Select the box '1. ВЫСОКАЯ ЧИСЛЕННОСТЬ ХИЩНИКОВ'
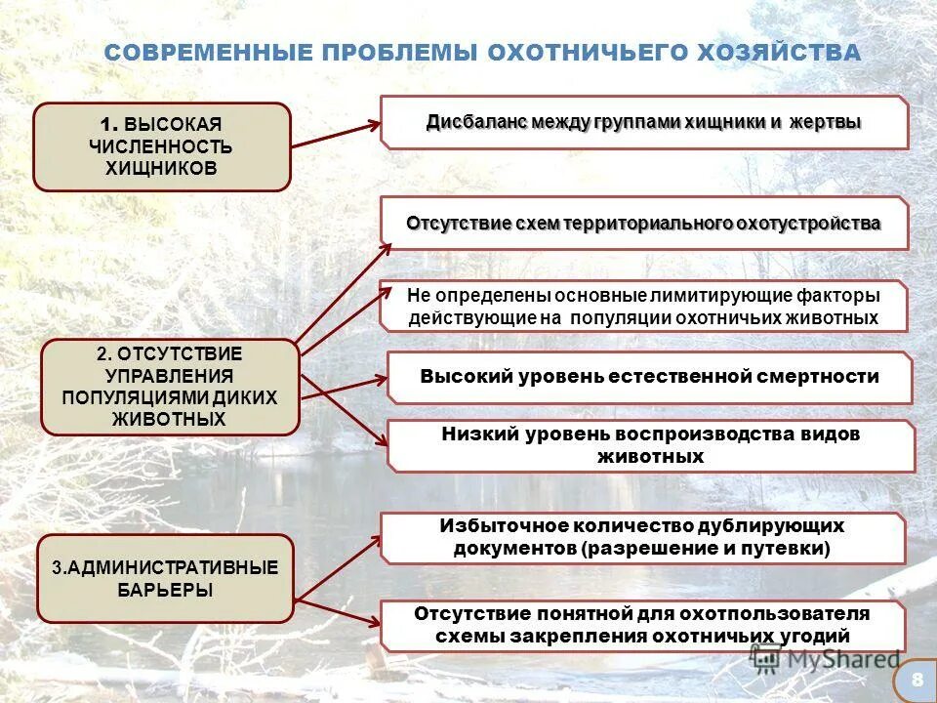162,146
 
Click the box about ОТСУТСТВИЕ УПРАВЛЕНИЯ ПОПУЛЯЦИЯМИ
170,387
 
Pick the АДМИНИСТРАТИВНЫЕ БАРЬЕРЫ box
165,578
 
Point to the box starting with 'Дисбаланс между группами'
643,122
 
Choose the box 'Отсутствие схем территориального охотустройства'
643,224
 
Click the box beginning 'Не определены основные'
643,307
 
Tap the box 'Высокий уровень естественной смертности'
649,377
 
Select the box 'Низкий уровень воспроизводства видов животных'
650,445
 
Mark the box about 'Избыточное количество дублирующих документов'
641,537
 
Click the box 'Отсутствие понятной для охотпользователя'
641,625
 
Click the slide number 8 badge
916,679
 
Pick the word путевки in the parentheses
785,548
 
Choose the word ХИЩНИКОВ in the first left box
162,168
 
